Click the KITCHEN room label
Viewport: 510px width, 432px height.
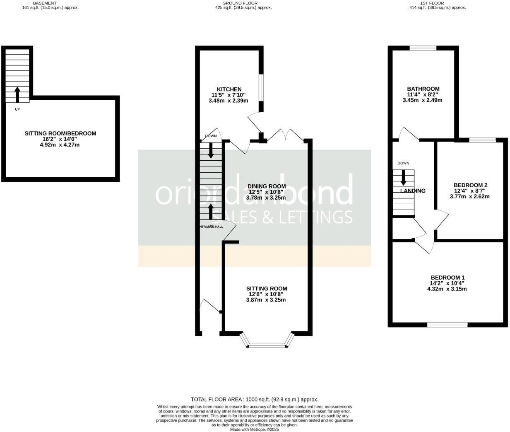pos(229,89)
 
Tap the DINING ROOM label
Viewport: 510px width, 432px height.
pos(267,186)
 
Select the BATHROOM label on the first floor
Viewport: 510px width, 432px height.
pos(423,89)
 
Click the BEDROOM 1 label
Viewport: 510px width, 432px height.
pos(447,278)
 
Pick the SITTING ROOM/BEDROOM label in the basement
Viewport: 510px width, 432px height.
pos(60,133)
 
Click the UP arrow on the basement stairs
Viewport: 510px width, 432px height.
pos(17,94)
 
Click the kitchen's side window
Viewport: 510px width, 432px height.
pos(261,87)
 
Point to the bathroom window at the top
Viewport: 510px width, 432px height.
pos(423,48)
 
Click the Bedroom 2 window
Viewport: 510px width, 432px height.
pos(482,140)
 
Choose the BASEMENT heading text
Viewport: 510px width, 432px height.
pos(45,3)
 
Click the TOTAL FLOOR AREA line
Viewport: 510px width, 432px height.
pos(254,400)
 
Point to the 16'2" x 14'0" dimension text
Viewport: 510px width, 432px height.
pos(60,140)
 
